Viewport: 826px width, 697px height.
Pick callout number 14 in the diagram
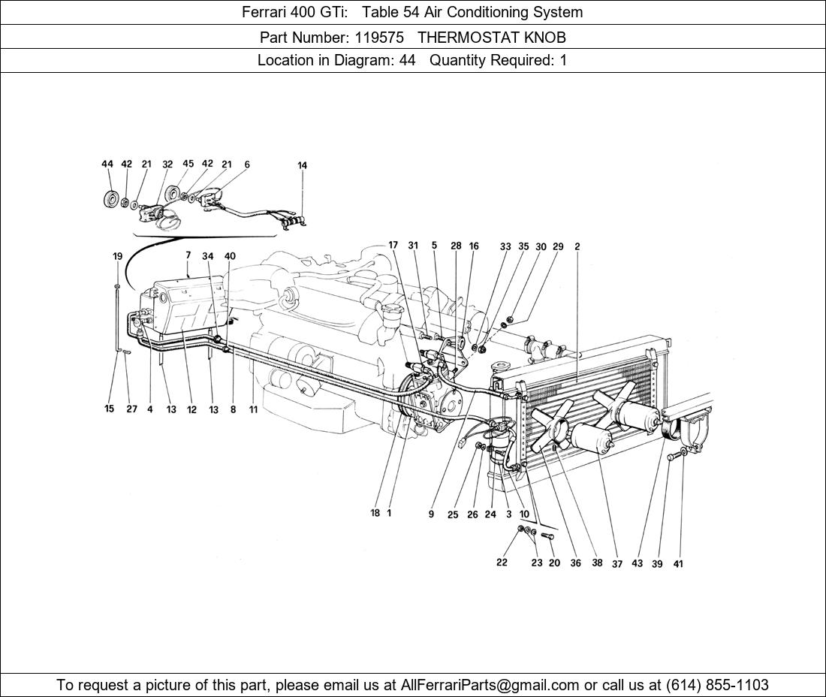point(302,165)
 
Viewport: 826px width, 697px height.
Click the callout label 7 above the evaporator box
point(188,256)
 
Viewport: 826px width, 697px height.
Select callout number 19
point(118,256)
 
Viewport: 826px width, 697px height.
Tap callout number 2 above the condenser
point(577,246)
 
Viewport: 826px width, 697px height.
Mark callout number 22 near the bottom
point(502,563)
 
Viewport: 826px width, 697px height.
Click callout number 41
point(678,564)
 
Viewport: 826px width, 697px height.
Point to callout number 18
point(375,514)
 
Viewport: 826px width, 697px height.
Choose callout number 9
point(431,514)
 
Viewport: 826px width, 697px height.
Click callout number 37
point(616,564)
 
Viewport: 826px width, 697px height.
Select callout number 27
point(131,409)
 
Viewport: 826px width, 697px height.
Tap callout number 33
point(505,246)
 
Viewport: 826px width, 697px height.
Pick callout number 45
point(188,164)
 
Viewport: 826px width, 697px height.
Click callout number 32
point(167,164)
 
